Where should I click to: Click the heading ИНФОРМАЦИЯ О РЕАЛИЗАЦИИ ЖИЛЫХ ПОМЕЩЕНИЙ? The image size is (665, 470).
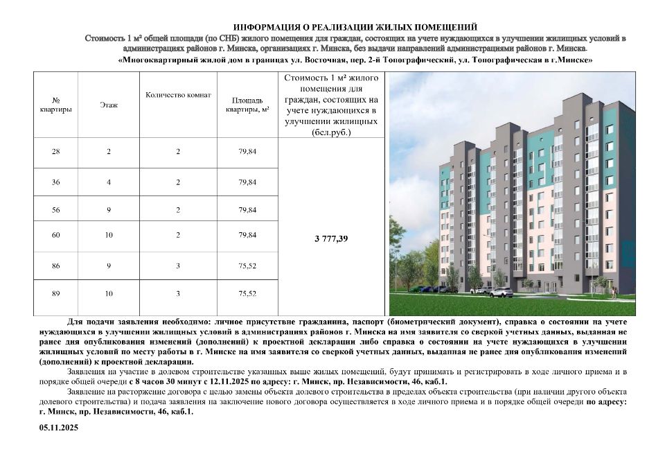355,26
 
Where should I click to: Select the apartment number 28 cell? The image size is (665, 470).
56,151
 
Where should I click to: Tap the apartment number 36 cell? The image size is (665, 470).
56,182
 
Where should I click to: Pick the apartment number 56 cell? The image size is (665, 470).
56,209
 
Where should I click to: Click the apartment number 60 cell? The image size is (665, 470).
56,235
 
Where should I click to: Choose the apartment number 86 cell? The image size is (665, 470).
56,263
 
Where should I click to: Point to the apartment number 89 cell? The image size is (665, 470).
56,294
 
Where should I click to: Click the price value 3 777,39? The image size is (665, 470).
331,238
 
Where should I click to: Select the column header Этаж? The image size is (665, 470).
109,105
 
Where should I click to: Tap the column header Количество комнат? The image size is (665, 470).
178,95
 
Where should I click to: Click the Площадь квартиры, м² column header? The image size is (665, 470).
247,105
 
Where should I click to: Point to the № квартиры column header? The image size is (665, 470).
56,105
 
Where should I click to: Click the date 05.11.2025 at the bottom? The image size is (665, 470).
59,428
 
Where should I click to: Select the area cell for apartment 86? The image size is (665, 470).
247,263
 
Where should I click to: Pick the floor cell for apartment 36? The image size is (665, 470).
109,182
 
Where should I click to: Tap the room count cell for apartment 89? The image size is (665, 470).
178,294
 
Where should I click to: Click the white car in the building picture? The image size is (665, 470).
497,293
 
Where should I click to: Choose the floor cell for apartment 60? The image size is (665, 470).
109,235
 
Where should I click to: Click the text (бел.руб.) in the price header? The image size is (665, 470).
331,131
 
